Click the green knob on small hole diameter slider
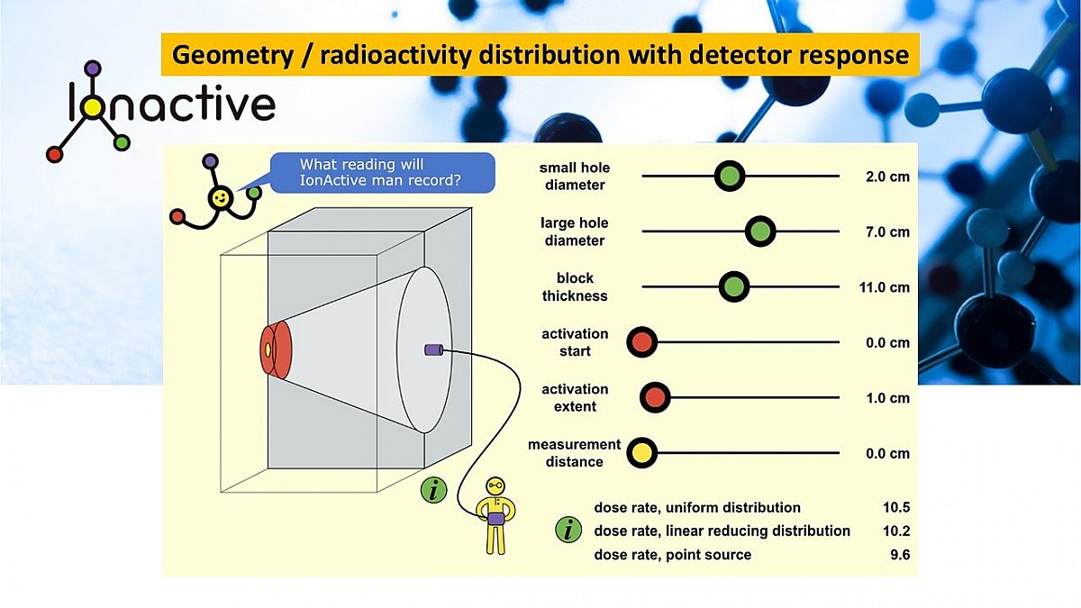tap(730, 177)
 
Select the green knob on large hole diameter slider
tap(760, 231)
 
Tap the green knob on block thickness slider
tap(734, 287)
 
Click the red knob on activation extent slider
tap(655, 397)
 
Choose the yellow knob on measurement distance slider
tap(641, 453)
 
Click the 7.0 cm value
tap(887, 232)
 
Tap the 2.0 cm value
tap(887, 177)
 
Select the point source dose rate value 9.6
tap(899, 555)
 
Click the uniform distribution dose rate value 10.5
tap(896, 508)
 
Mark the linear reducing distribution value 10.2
tap(896, 531)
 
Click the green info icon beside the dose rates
tap(568, 531)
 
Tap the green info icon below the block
tap(434, 490)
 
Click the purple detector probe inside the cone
tap(431, 349)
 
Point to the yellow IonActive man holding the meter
tap(495, 514)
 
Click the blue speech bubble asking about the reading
tap(382, 172)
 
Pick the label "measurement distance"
tap(574, 453)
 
